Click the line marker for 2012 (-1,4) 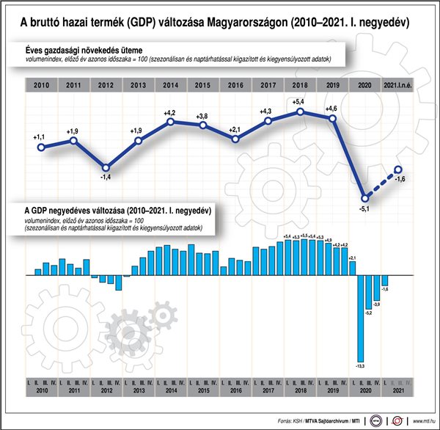pos(106,167)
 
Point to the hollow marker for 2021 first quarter pos(398,170)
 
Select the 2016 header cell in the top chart pos(236,85)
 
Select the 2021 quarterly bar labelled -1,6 pos(384,280)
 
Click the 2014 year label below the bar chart pos(170,393)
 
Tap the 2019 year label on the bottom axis pos(331,393)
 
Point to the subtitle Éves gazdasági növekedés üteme pos(82,49)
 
